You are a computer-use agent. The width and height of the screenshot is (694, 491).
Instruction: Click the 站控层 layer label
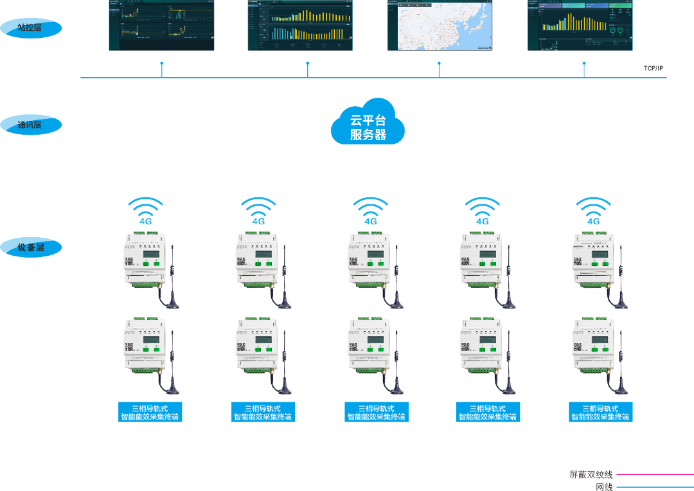30,28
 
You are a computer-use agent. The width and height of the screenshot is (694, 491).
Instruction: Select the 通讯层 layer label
30,125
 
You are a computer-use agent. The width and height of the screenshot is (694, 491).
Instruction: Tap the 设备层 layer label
30,247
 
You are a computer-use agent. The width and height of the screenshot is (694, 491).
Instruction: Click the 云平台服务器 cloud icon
368,122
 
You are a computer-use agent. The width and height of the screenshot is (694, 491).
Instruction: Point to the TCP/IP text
653,68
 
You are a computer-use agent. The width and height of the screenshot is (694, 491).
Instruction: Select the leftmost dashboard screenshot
161,25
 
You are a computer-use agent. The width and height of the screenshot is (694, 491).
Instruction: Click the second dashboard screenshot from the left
301,25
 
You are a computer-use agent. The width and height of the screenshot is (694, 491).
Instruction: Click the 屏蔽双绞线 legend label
591,475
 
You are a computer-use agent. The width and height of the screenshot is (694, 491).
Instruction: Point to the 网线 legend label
604,487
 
